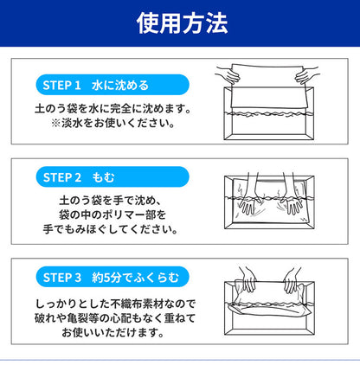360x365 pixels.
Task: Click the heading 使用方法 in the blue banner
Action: tap(179, 22)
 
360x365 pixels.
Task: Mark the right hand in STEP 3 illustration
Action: tap(292, 281)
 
